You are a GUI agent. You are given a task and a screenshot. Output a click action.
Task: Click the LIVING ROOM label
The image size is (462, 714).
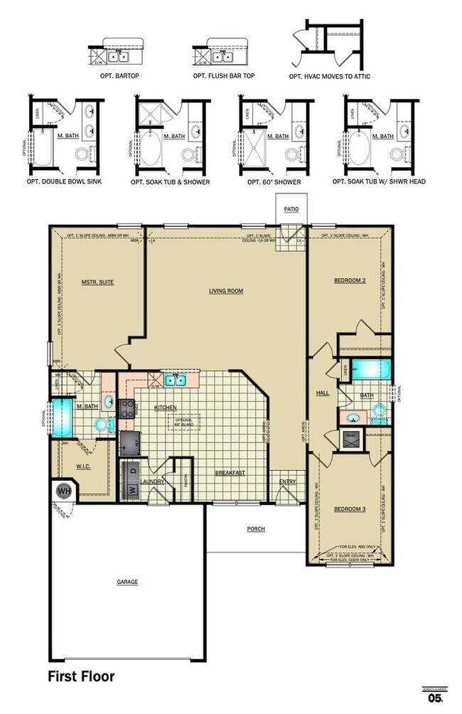[226, 291]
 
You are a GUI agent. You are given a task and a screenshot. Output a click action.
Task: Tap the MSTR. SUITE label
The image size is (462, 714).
[97, 282]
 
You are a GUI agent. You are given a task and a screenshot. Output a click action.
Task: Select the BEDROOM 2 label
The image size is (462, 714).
[350, 281]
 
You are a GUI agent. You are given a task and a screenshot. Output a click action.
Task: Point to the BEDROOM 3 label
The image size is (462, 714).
[349, 508]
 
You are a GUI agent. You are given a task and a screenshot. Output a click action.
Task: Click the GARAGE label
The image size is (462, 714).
[127, 582]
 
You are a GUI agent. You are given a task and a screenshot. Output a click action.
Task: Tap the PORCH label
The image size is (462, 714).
[256, 529]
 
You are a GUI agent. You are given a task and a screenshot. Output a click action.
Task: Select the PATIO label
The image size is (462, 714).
[291, 209]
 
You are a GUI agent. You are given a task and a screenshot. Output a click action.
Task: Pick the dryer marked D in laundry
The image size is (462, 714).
[131, 470]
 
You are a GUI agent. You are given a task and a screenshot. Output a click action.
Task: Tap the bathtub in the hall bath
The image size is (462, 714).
[370, 370]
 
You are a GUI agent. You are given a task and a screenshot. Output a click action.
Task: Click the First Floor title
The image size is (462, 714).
[81, 676]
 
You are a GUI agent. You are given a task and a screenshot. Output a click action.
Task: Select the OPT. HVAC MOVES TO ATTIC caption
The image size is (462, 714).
[329, 76]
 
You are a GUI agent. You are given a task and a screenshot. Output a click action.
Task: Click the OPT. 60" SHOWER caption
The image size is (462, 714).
[274, 182]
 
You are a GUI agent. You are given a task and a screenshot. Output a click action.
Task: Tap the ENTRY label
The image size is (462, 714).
[287, 481]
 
